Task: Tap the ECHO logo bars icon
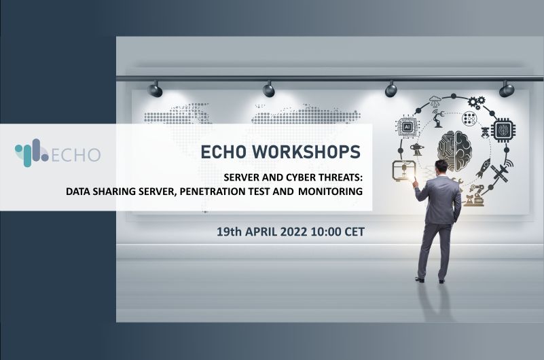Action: (31, 153)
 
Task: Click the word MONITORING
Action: (330, 191)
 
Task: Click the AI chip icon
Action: (407, 127)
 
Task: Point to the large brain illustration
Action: (454, 150)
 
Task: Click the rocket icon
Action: (483, 168)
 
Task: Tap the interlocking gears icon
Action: (476, 103)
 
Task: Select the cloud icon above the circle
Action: (435, 102)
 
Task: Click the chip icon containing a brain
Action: (503, 130)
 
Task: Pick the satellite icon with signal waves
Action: (501, 170)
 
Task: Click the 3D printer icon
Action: (403, 170)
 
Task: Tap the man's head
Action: (442, 168)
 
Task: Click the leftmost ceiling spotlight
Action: (154, 90)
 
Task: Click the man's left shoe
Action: (420, 280)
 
